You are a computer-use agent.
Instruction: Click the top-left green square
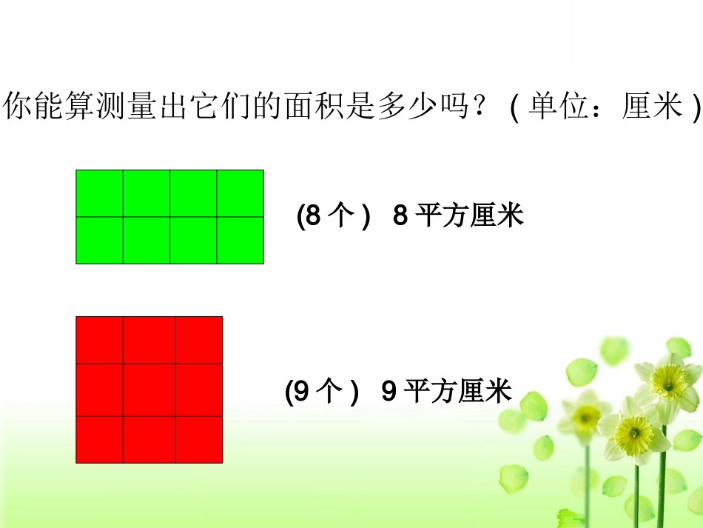click(100, 193)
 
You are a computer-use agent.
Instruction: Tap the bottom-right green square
click(240, 240)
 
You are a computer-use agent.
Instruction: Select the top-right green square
click(240, 193)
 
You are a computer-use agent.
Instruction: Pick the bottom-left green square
click(100, 240)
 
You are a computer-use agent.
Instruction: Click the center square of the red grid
click(149, 390)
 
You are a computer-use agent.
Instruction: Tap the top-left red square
click(100, 340)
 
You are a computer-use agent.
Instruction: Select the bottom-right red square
click(199, 439)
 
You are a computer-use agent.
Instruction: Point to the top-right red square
click(199, 340)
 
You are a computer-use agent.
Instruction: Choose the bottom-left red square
click(100, 439)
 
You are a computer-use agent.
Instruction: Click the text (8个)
click(333, 216)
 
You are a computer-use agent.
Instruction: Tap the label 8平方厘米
click(458, 216)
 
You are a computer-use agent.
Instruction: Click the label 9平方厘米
click(447, 391)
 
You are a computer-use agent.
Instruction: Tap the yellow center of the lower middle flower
click(633, 429)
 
